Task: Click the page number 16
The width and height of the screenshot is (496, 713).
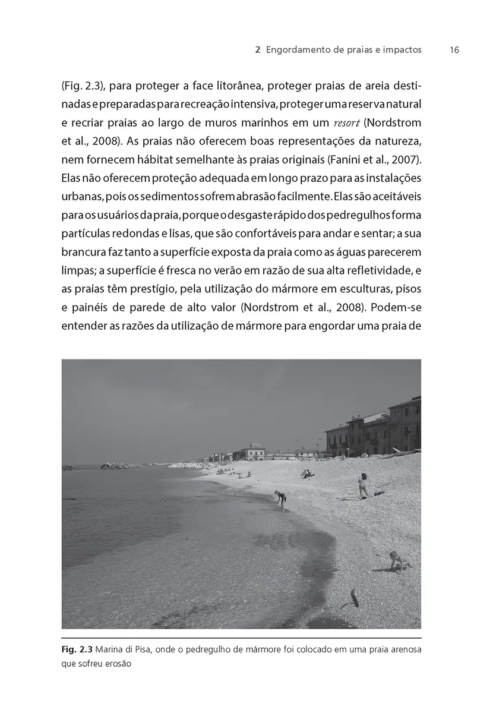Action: (454, 51)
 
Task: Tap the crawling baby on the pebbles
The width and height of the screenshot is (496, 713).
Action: (400, 560)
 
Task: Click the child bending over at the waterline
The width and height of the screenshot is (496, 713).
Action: (280, 499)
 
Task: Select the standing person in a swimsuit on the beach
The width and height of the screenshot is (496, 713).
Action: (362, 485)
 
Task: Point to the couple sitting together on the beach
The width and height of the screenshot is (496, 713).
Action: (307, 474)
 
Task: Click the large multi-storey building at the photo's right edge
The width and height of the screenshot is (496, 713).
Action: (404, 425)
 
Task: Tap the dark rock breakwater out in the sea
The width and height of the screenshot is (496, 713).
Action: (122, 466)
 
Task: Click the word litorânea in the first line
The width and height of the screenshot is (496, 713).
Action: (225, 86)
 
